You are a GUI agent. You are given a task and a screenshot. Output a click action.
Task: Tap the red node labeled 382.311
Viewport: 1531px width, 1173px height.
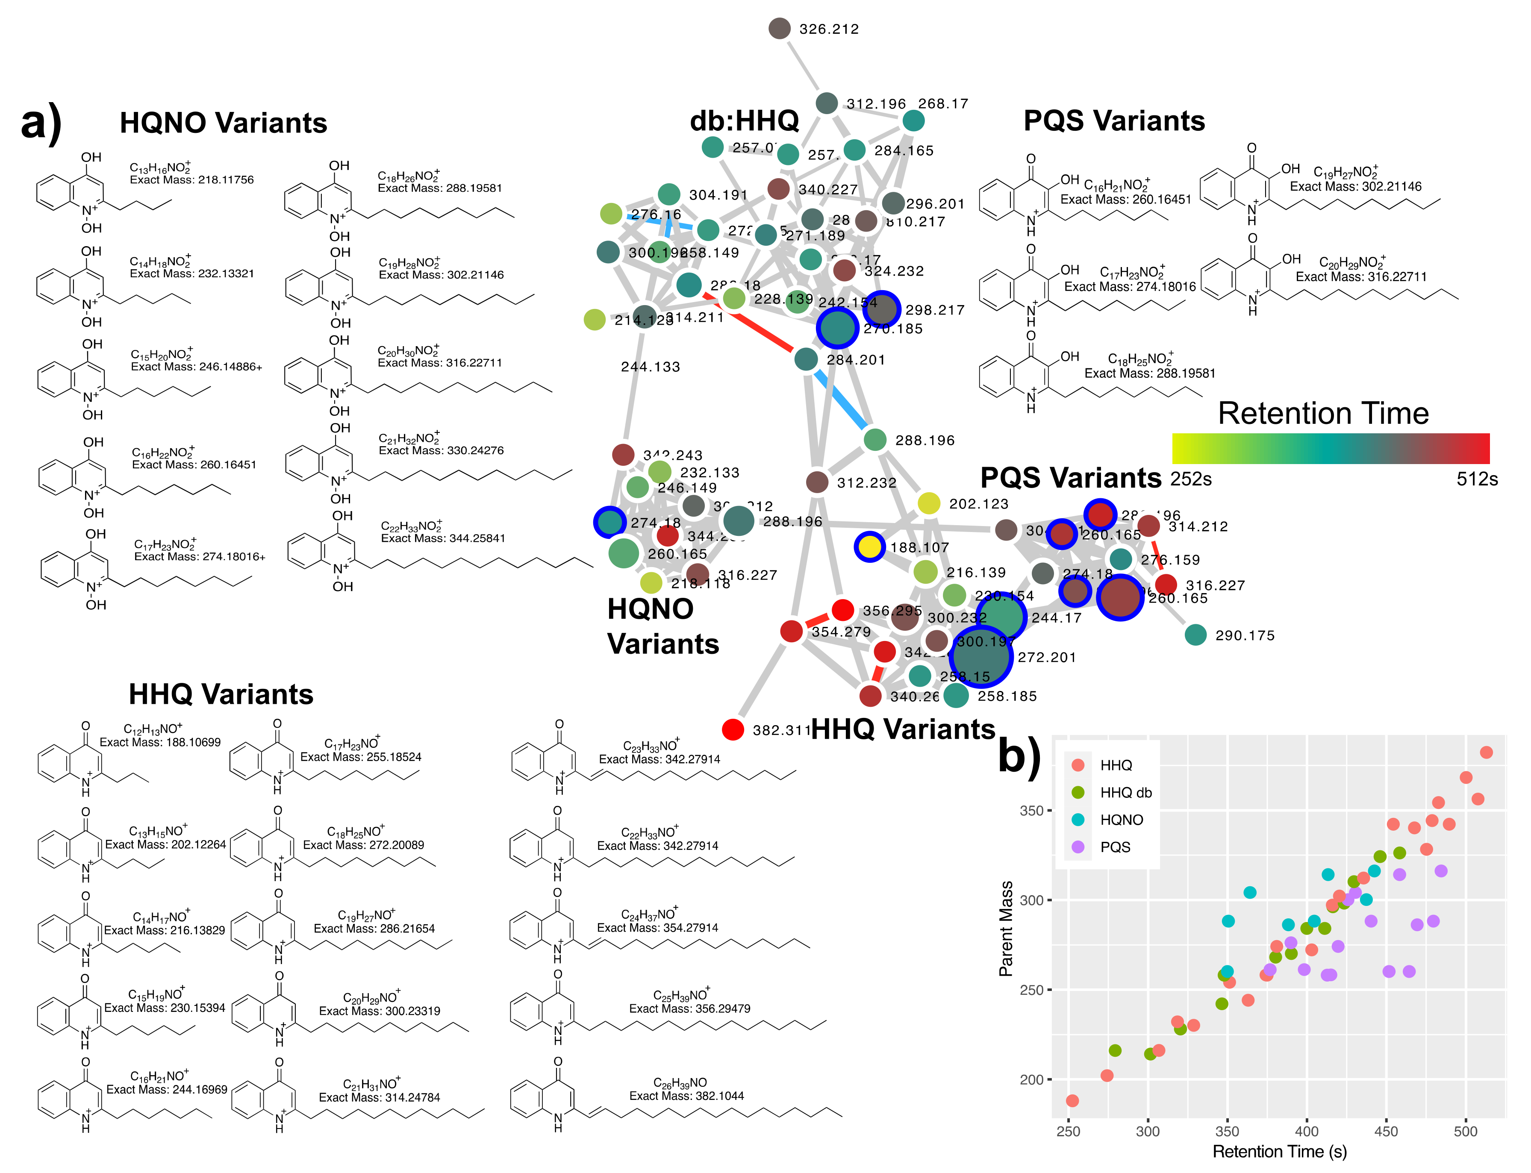[733, 729]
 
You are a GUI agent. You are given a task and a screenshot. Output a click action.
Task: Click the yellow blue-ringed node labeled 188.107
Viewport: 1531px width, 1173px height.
[869, 547]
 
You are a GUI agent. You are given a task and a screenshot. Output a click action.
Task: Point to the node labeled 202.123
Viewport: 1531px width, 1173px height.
[928, 503]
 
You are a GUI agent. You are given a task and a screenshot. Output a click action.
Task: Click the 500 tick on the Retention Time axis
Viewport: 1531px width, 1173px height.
[1465, 1131]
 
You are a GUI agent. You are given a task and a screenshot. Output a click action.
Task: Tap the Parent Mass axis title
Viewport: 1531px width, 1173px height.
[1006, 929]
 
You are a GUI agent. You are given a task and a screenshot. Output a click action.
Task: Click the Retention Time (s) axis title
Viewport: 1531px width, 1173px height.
[1280, 1151]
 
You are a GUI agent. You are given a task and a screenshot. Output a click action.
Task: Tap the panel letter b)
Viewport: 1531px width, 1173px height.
[1020, 756]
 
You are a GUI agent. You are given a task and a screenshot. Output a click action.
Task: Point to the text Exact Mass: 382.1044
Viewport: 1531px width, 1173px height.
[686, 1096]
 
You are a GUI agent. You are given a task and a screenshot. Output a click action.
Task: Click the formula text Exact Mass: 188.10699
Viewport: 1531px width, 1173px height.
[160, 742]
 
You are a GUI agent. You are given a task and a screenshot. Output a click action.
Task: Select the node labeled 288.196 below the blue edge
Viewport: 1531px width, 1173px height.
[874, 440]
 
